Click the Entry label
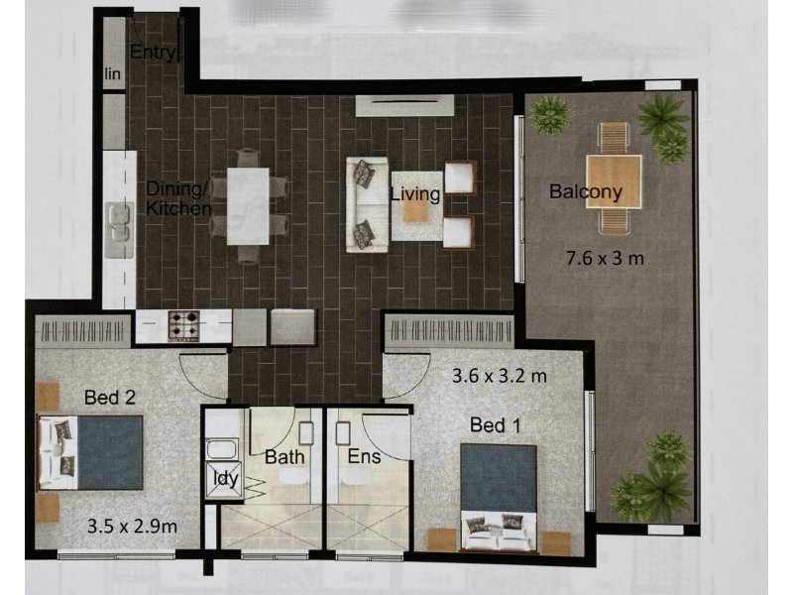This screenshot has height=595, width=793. coord(153,53)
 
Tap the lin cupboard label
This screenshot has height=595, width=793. coord(113,73)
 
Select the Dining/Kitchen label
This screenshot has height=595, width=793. coord(178,198)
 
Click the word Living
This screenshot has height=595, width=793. coord(415,194)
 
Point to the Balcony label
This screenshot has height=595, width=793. coord(585,191)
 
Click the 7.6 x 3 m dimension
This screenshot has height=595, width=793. coord(605,259)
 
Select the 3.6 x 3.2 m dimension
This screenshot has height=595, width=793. coord(500,376)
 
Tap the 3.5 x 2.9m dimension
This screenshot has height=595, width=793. coord(132,527)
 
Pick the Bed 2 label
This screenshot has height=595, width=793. coord(110,398)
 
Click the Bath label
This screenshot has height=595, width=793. coord(284,457)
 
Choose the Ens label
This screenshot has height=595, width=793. coord(364,456)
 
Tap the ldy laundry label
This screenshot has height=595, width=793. coord(226,478)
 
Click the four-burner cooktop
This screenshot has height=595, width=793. coord(184,325)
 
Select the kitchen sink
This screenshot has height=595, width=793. coord(120,222)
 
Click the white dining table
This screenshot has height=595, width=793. coord(248,206)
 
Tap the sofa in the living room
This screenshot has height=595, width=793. coord(367,204)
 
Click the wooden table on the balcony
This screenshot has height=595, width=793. coord(614,182)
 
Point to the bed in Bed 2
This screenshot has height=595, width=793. coord(91,452)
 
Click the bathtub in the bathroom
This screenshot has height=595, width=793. coord(222,449)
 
